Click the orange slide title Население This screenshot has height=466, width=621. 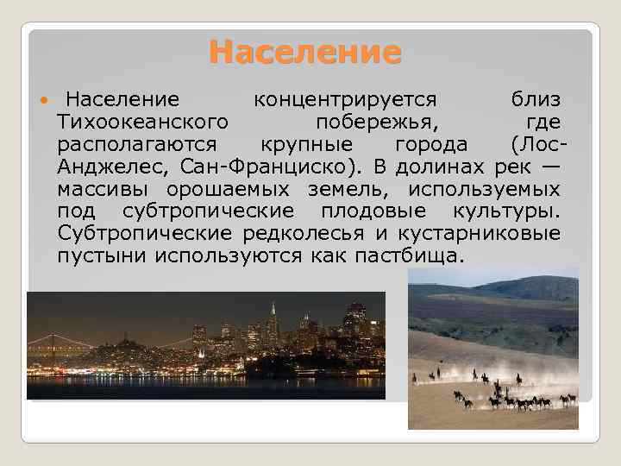(x=305, y=53)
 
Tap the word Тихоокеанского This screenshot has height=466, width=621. (x=142, y=121)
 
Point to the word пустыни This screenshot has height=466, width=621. (x=103, y=255)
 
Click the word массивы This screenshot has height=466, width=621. (x=97, y=188)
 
